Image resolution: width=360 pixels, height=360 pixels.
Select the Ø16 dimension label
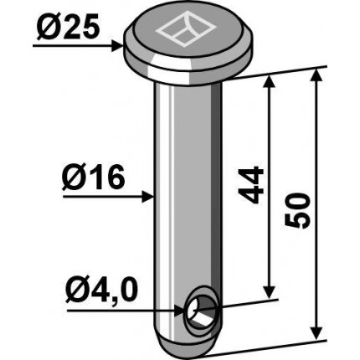(93, 178)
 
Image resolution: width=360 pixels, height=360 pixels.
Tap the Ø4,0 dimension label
(101, 291)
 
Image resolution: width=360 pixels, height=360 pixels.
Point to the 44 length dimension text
(251, 184)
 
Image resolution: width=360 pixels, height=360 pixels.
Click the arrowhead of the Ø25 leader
(117, 46)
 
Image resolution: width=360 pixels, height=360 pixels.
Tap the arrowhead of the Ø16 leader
(148, 197)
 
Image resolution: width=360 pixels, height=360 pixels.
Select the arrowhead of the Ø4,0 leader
(179, 310)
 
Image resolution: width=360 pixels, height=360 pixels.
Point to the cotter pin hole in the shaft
(202, 311)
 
